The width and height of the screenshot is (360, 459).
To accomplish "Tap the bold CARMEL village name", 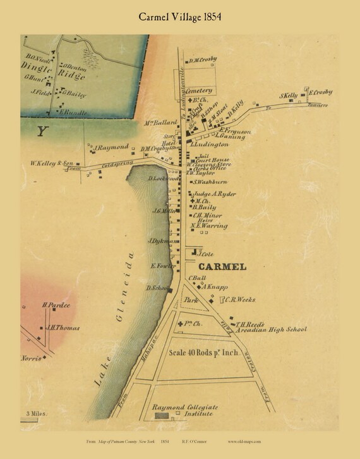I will (222, 266).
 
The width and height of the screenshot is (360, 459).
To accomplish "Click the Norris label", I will (33, 357).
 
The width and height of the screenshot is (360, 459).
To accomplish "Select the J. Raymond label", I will (112, 146).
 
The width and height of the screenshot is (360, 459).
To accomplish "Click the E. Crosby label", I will (321, 93).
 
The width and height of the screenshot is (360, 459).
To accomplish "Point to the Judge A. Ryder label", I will (213, 194).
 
